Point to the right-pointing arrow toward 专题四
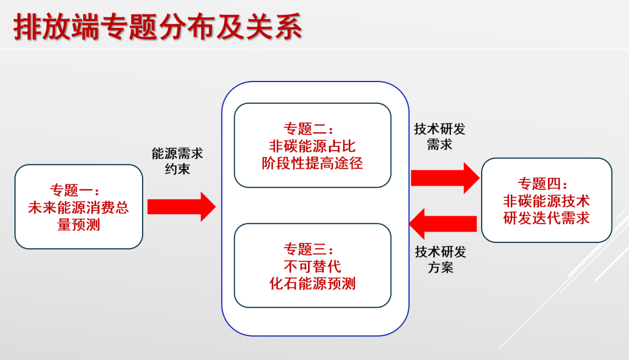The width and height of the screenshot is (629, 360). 444,177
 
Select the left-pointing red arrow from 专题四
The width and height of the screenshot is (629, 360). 443,223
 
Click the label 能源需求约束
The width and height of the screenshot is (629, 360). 178,161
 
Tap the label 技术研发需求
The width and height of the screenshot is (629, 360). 440,136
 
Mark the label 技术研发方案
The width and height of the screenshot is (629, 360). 440,260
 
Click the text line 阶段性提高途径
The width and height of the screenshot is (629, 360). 312,163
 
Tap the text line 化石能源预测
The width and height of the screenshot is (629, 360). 312,284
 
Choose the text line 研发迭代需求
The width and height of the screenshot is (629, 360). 546,218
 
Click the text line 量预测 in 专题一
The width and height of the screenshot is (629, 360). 79,224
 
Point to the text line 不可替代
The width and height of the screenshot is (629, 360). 312,267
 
